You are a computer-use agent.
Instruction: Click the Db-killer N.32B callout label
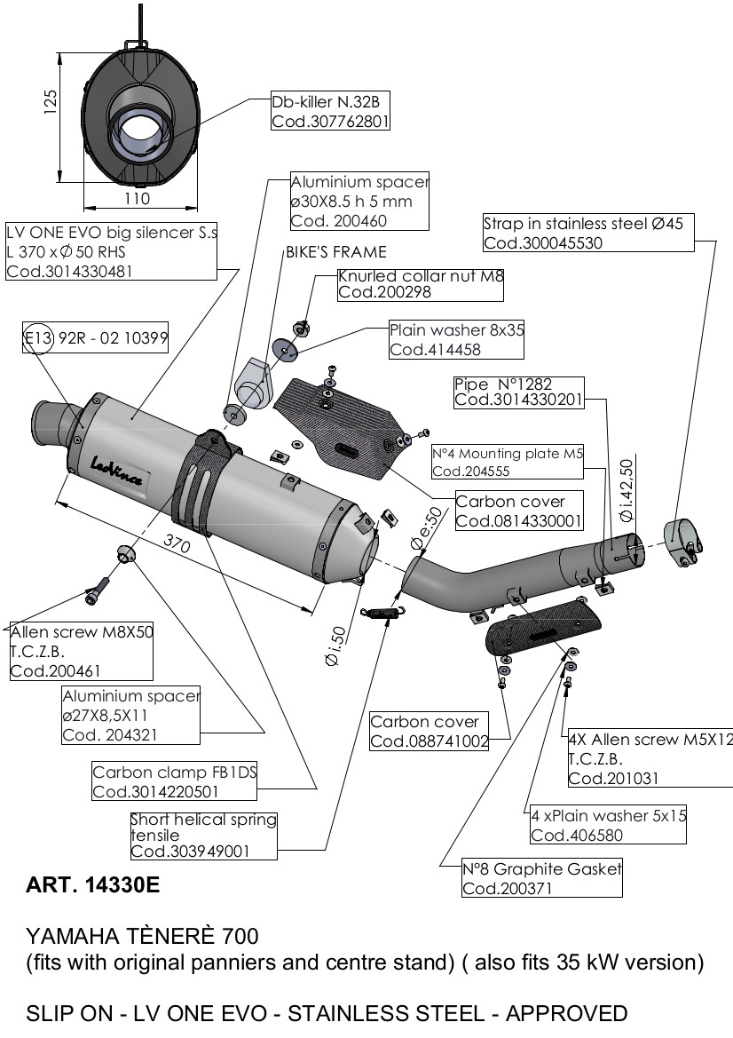330,110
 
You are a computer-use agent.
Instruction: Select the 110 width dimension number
137,197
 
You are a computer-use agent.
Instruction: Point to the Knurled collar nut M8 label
421,283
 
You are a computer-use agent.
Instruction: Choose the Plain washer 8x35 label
457,338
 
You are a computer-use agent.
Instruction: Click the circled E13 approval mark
36,337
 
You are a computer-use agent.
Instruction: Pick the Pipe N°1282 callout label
517,392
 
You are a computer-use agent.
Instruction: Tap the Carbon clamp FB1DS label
175,781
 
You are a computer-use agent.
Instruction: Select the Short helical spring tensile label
203,835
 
